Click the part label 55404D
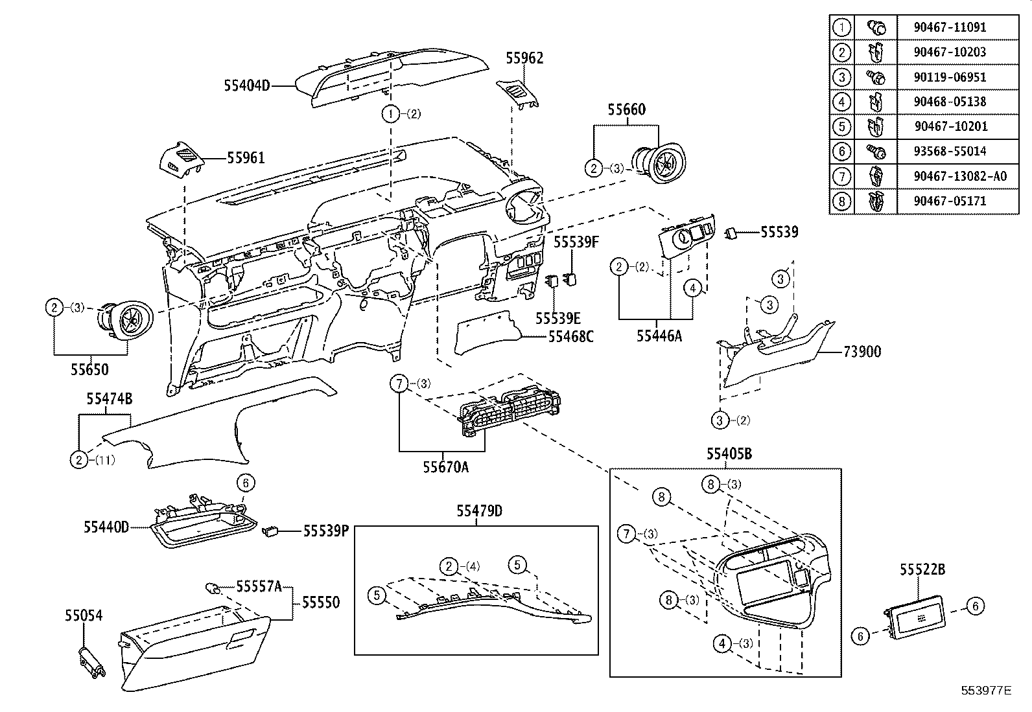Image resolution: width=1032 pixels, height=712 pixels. (x=247, y=85)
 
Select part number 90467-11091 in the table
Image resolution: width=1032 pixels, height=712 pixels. (x=950, y=27)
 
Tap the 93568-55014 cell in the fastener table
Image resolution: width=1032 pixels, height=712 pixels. (x=950, y=152)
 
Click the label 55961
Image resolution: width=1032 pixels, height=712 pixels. (x=246, y=158)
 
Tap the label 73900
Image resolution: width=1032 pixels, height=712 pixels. (x=862, y=352)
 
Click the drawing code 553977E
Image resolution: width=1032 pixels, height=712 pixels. (x=986, y=691)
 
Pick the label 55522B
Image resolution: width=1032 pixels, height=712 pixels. (x=922, y=569)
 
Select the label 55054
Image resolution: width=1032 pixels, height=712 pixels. (x=84, y=614)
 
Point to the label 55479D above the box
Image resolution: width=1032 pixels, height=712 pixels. (x=479, y=511)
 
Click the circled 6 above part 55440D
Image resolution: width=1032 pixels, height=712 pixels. (x=245, y=483)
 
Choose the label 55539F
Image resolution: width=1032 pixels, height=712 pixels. (x=576, y=242)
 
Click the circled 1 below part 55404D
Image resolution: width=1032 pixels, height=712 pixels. (x=391, y=115)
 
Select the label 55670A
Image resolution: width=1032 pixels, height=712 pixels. (x=445, y=466)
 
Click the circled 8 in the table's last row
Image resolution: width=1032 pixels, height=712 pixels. (x=841, y=201)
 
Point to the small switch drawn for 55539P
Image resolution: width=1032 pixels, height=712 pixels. (x=270, y=532)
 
